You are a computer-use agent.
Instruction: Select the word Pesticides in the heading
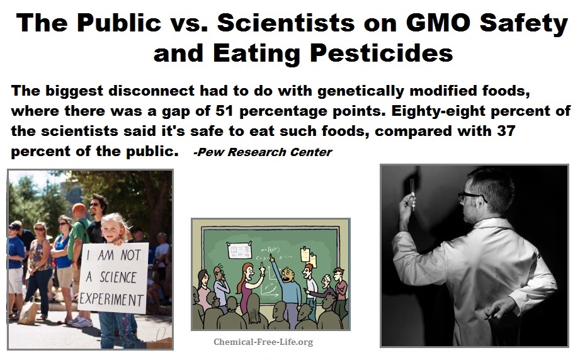pyautogui.click(x=382, y=53)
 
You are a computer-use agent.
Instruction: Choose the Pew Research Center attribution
pyautogui.click(x=263, y=152)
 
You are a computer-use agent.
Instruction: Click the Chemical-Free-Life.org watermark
pyautogui.click(x=263, y=342)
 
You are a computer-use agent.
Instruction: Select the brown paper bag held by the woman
pyautogui.click(x=27, y=312)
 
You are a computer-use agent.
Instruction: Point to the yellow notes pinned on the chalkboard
pyautogui.click(x=308, y=256)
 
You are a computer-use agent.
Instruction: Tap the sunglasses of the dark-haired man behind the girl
pyautogui.click(x=94, y=204)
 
